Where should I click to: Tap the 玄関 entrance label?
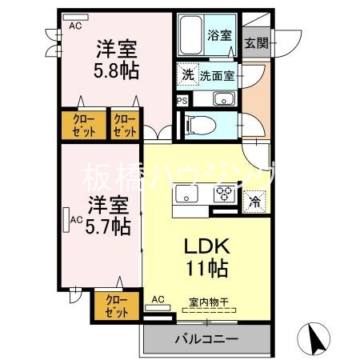[256, 42]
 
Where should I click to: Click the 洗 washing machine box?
[187, 75]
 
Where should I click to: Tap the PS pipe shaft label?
[182, 101]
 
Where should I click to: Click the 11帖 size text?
[207, 268]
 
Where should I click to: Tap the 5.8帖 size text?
[117, 71]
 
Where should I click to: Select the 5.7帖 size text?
[110, 226]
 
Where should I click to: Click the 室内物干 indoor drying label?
[208, 302]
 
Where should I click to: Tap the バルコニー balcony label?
[206, 338]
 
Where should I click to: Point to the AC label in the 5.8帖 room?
[75, 26]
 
